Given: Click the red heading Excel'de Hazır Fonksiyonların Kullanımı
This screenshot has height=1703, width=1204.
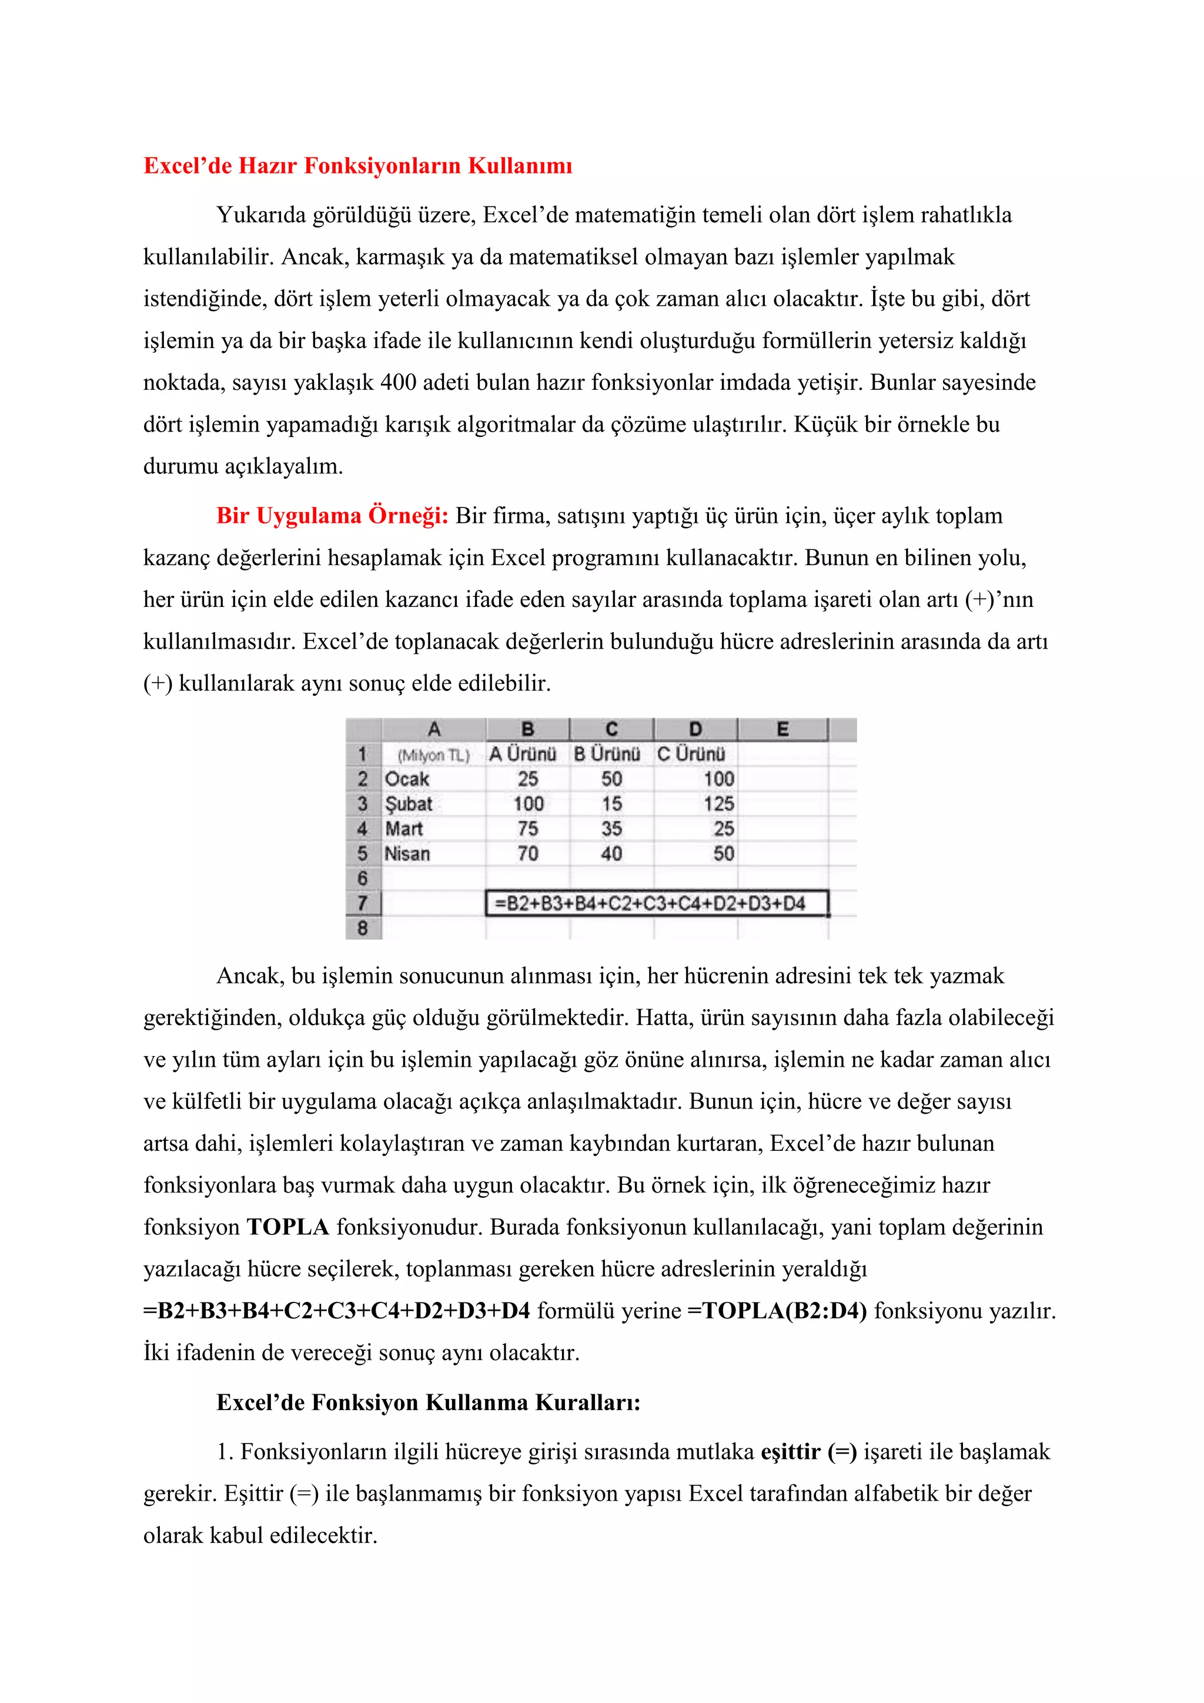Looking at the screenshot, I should pos(357,165).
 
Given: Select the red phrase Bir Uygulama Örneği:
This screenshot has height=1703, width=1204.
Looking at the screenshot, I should pos(332,516).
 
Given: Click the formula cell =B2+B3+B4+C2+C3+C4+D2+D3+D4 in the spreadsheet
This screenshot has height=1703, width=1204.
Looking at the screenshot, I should pos(650,903).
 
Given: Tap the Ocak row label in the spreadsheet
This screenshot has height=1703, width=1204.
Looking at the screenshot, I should pos(407,779).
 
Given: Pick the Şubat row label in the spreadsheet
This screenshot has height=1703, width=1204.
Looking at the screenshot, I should pos(409,804).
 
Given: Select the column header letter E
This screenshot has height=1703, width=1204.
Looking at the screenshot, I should pos(782,729).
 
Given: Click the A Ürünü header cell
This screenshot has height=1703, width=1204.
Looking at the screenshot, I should pos(523,754).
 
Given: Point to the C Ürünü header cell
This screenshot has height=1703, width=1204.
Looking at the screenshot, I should pos(691,754).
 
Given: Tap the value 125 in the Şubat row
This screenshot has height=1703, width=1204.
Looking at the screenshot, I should pos(718,804).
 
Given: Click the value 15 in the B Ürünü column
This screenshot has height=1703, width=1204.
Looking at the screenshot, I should pos(611,804).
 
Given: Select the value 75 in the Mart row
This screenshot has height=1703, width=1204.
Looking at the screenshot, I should pos(528,829).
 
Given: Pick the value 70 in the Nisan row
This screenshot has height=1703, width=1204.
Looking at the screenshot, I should pos(528,854).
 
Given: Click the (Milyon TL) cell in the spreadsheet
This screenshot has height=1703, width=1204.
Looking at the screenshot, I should pos(434,755).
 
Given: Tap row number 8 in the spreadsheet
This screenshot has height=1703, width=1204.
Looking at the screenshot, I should pos(363,928).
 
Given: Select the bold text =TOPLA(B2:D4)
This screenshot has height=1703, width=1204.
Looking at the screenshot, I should pos(777,1311).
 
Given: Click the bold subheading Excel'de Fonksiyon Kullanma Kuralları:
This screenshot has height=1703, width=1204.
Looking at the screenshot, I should pos(429,1403).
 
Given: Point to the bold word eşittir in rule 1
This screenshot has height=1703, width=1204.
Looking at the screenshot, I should pos(790,1451).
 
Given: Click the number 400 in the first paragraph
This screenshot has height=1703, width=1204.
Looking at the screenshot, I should pos(397,383).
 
